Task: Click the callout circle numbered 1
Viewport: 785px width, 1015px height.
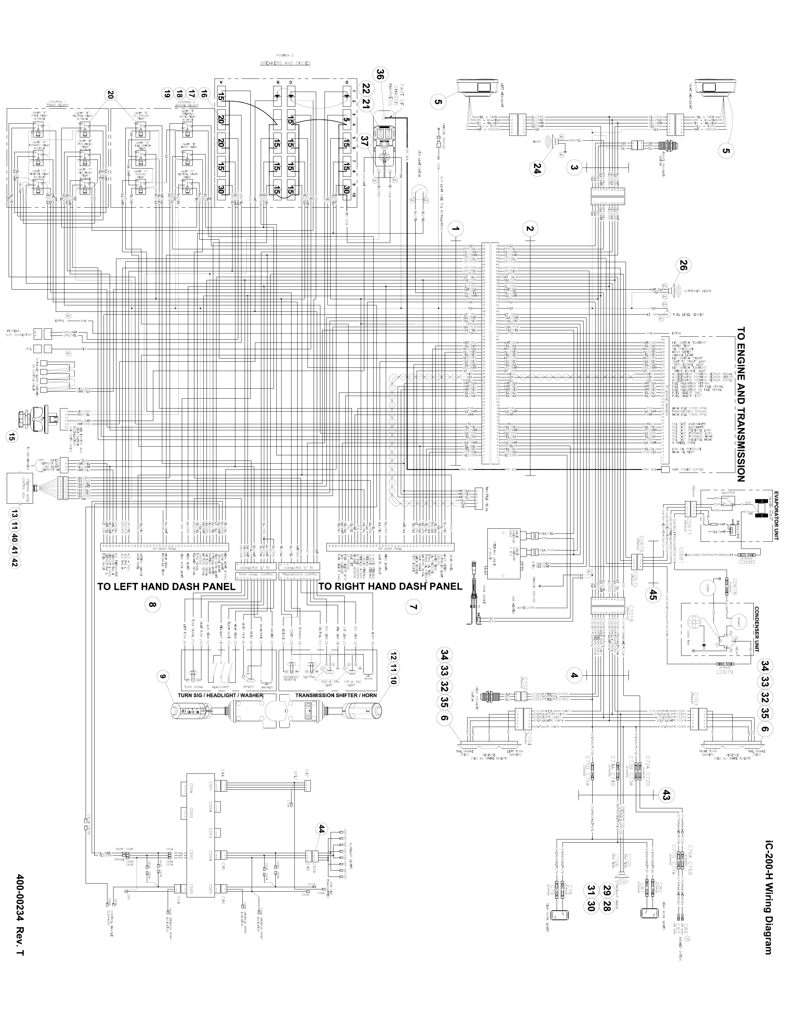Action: pos(457,229)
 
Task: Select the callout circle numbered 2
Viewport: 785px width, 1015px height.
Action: pos(530,229)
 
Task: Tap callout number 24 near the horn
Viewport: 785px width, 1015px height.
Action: pos(537,170)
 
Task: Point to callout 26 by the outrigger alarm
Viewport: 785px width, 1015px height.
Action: pos(683,265)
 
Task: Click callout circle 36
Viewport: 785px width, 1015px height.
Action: pos(380,74)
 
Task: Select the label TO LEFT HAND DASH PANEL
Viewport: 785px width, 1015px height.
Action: pos(166,587)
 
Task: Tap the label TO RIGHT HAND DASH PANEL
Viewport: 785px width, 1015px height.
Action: pos(391,587)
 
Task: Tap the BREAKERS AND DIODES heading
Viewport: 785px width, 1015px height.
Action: pos(285,63)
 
